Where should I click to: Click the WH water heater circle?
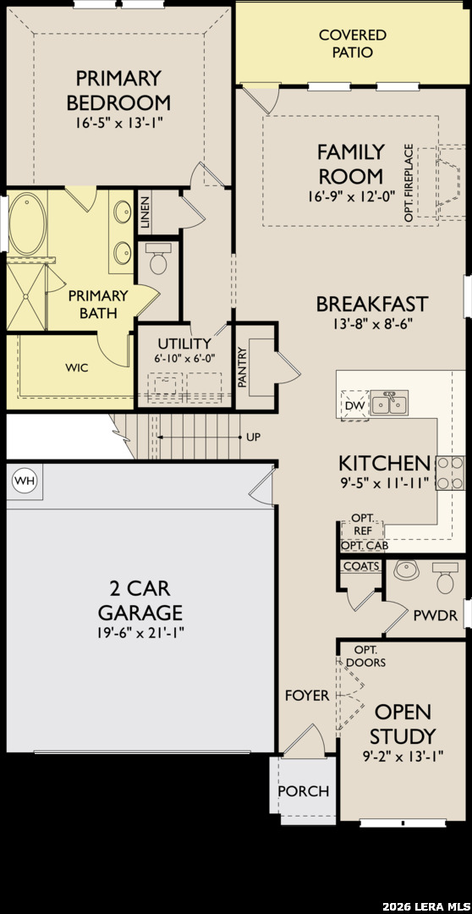(x=25, y=481)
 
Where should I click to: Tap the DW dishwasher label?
(x=354, y=405)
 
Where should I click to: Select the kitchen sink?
(x=390, y=403)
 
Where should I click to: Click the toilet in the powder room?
(x=447, y=576)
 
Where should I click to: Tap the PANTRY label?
(x=243, y=367)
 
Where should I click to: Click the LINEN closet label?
(x=145, y=212)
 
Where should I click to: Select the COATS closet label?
(x=362, y=566)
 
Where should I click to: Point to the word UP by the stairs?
(x=254, y=437)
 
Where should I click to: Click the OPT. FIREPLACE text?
(x=409, y=183)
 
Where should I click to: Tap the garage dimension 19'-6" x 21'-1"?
(x=140, y=632)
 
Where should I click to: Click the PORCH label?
(x=304, y=791)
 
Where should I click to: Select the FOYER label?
(x=307, y=696)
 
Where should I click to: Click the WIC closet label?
(x=77, y=368)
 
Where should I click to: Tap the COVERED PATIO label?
(x=353, y=44)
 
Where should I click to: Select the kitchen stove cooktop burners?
(x=449, y=473)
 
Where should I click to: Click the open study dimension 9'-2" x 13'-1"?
(x=403, y=757)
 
